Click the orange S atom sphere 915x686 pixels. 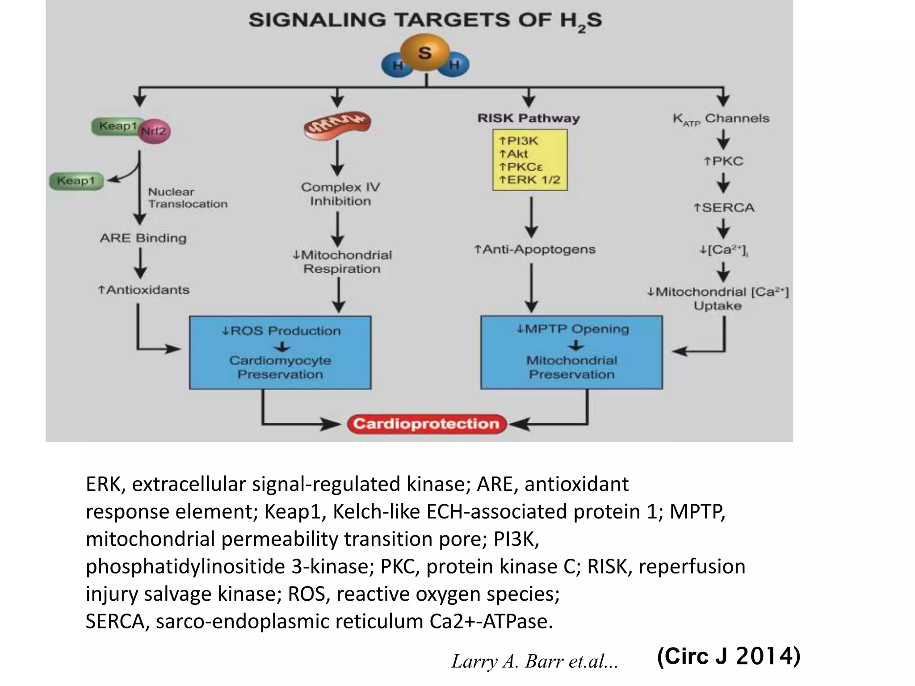[x=425, y=53]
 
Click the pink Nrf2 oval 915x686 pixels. [x=154, y=131]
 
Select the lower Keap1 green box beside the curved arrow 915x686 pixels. [x=76, y=181]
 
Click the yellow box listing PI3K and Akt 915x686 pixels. [x=530, y=160]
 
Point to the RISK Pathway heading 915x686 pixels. [x=529, y=118]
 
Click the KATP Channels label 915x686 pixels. [x=721, y=119]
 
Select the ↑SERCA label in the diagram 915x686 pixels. [x=724, y=208]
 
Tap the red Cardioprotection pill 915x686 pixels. [x=427, y=424]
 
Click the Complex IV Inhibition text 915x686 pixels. [x=340, y=194]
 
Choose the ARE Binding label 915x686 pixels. [x=143, y=238]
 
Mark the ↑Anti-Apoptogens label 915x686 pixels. [x=535, y=249]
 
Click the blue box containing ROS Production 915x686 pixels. [x=280, y=353]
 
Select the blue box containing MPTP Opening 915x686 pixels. [x=571, y=353]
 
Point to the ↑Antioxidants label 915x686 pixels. [x=143, y=290]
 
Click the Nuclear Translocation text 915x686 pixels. [x=188, y=198]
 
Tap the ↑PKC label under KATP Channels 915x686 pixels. [x=724, y=161]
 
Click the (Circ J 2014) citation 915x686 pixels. [x=729, y=656]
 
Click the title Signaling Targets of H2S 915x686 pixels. [x=425, y=21]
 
